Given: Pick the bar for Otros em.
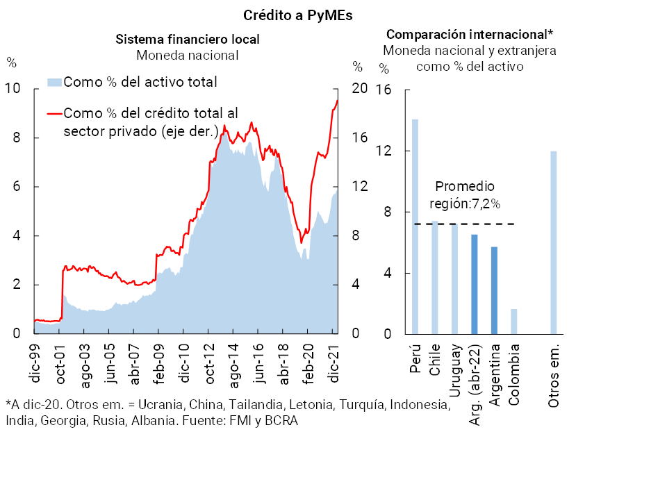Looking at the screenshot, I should (554, 242).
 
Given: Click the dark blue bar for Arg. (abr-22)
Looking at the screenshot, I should (475, 284).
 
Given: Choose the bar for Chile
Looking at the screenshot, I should (435, 277).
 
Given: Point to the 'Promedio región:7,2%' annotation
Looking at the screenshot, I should (466, 195).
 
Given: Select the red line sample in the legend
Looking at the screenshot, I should (53, 113).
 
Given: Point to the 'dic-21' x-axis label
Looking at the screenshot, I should (333, 365).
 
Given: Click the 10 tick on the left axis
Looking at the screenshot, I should (13, 89).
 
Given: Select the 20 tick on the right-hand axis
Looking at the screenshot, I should (359, 89).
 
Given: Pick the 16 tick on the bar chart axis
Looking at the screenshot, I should (384, 90).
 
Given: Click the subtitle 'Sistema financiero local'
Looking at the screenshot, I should (188, 39).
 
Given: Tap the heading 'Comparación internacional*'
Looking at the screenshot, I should (470, 34).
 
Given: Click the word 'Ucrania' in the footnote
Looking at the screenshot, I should (160, 405).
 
